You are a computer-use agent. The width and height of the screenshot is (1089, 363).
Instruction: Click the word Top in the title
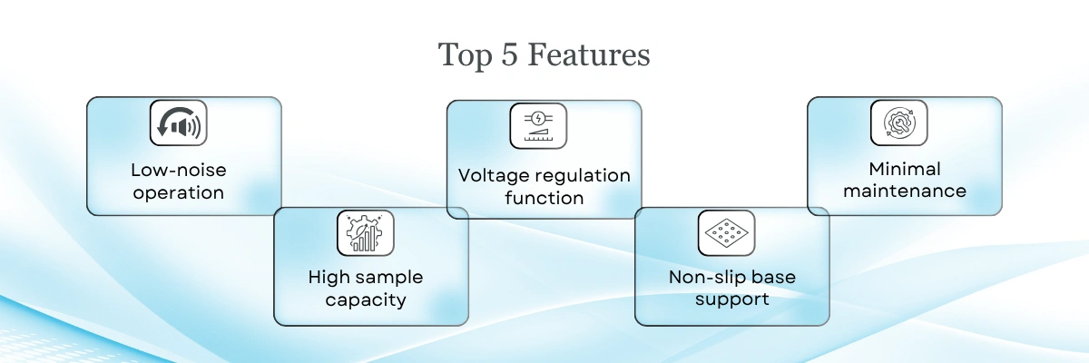click(x=465, y=56)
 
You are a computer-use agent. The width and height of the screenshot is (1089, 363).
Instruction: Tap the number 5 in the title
click(x=509, y=54)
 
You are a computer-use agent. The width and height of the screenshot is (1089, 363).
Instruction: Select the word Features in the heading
click(x=589, y=54)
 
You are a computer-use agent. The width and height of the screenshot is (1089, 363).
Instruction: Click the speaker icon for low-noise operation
click(x=179, y=123)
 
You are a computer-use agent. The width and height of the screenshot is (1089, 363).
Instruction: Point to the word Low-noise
click(x=179, y=170)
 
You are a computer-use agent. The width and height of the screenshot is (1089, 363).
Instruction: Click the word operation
click(x=179, y=193)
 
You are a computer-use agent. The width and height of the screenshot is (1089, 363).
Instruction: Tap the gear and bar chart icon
click(x=366, y=232)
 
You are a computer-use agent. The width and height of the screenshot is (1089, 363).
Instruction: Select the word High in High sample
click(x=329, y=277)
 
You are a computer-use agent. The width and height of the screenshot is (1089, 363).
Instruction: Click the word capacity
click(x=366, y=300)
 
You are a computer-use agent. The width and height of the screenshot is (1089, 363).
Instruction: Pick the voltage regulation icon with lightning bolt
click(x=538, y=126)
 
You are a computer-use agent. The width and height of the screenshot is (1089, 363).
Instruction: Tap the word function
click(x=544, y=198)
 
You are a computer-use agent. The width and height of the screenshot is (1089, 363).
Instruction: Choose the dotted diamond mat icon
click(x=726, y=232)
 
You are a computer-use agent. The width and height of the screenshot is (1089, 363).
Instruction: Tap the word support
click(x=732, y=299)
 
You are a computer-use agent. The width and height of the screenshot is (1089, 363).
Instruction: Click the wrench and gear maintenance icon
click(x=899, y=123)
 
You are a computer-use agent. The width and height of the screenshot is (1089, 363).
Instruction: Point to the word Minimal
click(x=905, y=169)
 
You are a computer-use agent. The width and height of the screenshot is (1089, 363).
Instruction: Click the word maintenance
click(x=905, y=191)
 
